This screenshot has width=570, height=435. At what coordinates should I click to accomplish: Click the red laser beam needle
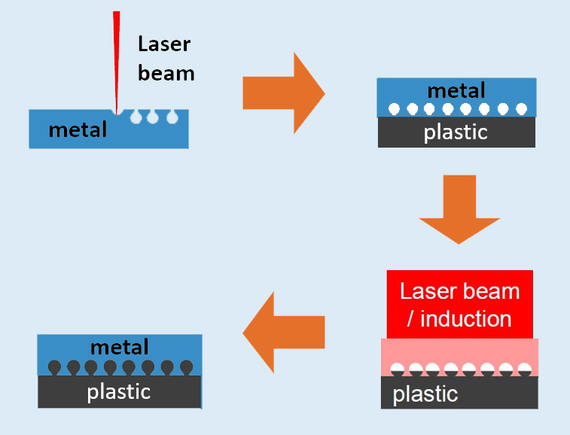click(117, 60)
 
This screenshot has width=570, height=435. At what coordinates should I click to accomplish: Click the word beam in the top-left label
click(166, 72)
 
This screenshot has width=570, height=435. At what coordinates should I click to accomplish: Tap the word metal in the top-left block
click(78, 129)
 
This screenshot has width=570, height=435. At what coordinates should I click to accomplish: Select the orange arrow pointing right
click(283, 93)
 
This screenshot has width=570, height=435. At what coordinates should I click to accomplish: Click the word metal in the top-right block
click(456, 90)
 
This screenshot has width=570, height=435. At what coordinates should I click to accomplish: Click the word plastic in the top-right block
click(456, 132)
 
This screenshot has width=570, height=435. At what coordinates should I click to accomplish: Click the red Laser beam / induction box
click(459, 304)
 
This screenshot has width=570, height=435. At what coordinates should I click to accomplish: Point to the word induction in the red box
click(465, 318)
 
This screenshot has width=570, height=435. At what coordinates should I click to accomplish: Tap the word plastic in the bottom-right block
click(425, 394)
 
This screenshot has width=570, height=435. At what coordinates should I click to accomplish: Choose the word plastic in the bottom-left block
click(119, 391)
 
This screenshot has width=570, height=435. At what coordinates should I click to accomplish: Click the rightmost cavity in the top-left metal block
click(172, 117)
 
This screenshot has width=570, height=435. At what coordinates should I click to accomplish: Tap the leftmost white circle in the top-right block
click(393, 109)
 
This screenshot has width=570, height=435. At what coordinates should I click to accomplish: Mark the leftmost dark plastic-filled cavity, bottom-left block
click(54, 368)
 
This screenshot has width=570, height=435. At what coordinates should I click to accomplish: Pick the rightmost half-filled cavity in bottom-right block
click(525, 370)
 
